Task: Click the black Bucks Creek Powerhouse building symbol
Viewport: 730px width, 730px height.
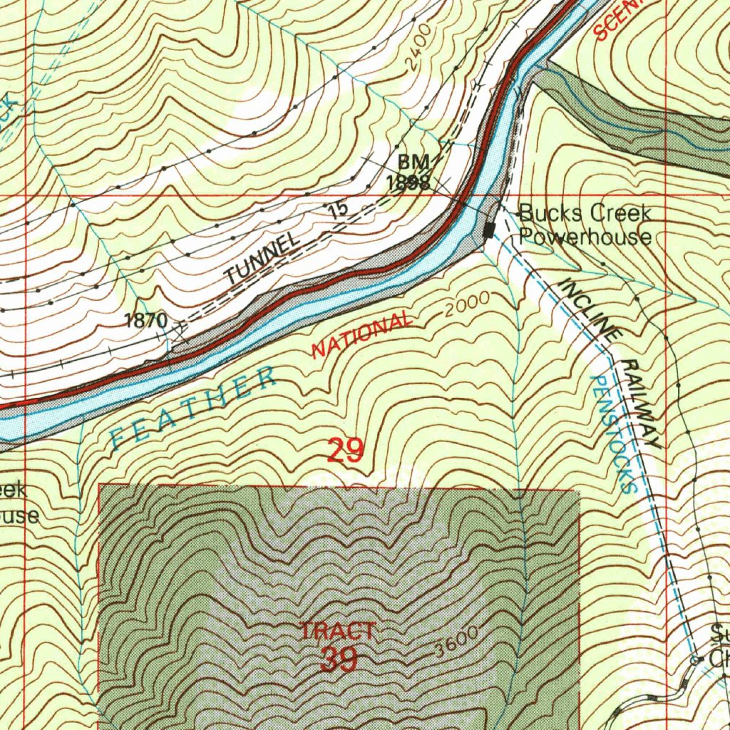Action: (489, 230)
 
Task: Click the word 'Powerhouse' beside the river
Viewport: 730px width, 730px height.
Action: (585, 237)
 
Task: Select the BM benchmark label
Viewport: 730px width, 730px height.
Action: (411, 164)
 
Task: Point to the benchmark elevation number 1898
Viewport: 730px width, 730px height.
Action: (407, 182)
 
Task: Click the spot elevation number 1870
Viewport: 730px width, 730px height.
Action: (145, 321)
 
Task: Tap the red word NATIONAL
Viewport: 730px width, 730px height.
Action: (361, 334)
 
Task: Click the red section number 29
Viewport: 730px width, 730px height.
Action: (346, 451)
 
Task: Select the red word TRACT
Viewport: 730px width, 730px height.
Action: (337, 631)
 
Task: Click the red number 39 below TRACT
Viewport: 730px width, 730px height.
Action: (339, 659)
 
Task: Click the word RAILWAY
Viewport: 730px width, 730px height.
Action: (640, 403)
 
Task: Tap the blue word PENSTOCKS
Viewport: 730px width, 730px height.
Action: (612, 435)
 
